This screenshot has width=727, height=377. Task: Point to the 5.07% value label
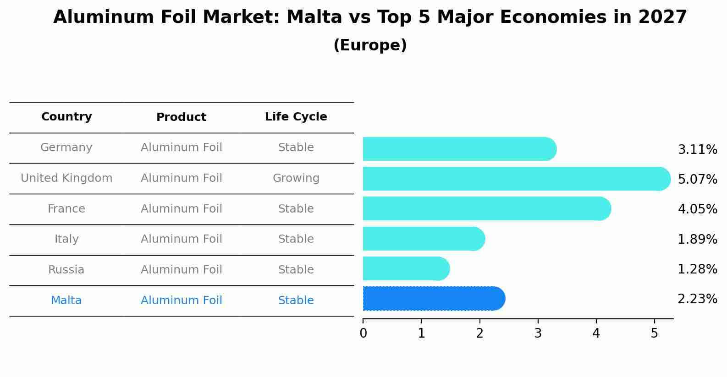pyautogui.click(x=697, y=179)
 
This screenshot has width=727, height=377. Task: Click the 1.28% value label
pyautogui.click(x=697, y=269)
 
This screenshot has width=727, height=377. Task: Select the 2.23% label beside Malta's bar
pyautogui.click(x=697, y=299)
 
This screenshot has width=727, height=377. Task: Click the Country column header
pyautogui.click(x=66, y=117)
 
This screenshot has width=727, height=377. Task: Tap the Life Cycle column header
pyautogui.click(x=296, y=117)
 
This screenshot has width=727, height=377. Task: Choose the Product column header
pyautogui.click(x=181, y=117)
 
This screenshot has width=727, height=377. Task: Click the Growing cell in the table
pyautogui.click(x=296, y=178)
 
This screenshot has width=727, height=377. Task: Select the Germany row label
pyautogui.click(x=66, y=148)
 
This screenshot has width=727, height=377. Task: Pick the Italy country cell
pyautogui.click(x=66, y=239)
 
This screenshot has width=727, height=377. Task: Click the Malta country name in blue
pyautogui.click(x=66, y=301)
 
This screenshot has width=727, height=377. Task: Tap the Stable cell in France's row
pyautogui.click(x=296, y=209)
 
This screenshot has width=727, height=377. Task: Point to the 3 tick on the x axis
pyautogui.click(x=538, y=333)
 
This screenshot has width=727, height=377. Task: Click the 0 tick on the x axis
pyautogui.click(x=363, y=333)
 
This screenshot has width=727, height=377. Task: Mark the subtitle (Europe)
pyautogui.click(x=370, y=45)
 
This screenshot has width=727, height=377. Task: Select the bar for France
pyautogui.click(x=486, y=208)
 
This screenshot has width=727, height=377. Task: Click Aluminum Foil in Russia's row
pyautogui.click(x=181, y=270)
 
